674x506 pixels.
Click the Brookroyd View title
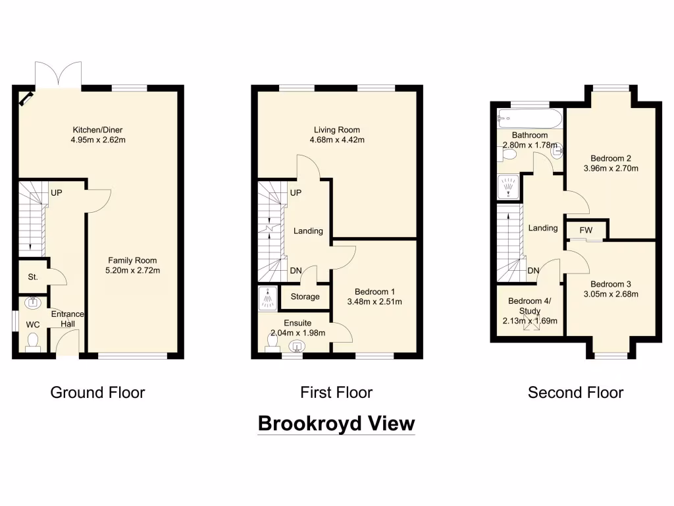pyautogui.click(x=336, y=423)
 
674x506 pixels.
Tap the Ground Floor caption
pyautogui.click(x=97, y=393)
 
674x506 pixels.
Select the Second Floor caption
pyautogui.click(x=575, y=393)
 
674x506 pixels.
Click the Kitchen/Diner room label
pyautogui.click(x=97, y=130)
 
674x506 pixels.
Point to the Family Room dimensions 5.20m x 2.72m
pyautogui.click(x=132, y=270)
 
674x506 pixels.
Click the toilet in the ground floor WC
pyautogui.click(x=33, y=341)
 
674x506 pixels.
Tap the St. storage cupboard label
pyautogui.click(x=33, y=277)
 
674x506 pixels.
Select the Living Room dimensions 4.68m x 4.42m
pyautogui.click(x=336, y=140)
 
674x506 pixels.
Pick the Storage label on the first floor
pyautogui.click(x=305, y=296)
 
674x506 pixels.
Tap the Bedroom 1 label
pyautogui.click(x=375, y=291)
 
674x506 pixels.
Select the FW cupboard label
pyautogui.click(x=586, y=230)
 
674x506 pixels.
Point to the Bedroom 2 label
pyautogui.click(x=610, y=158)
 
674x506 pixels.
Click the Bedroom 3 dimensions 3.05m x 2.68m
pyautogui.click(x=610, y=294)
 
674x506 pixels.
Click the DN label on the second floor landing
pyautogui.click(x=534, y=270)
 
